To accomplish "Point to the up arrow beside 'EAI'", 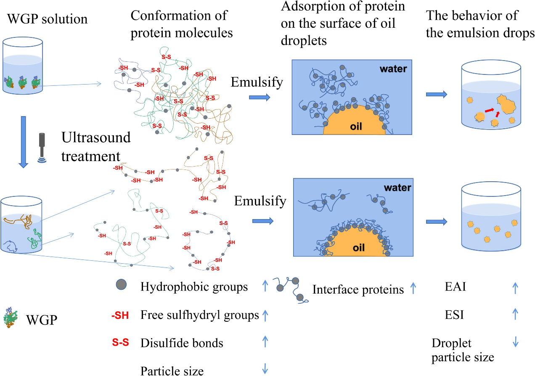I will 516,288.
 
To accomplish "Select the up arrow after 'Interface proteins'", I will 413,289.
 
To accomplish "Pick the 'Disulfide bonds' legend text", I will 182,343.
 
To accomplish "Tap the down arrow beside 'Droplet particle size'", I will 516,343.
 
